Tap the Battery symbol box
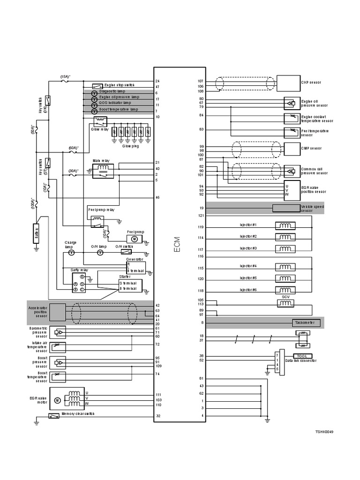pyautogui.click(x=36, y=233)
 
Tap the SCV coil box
pyautogui.click(x=285, y=304)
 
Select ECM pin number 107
pyautogui.click(x=201, y=81)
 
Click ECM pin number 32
pyautogui.click(x=157, y=416)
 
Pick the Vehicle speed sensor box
pyautogui.click(x=286, y=208)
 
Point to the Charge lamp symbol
pyautogui.click(x=72, y=252)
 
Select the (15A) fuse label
pyautogui.click(x=65, y=76)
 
